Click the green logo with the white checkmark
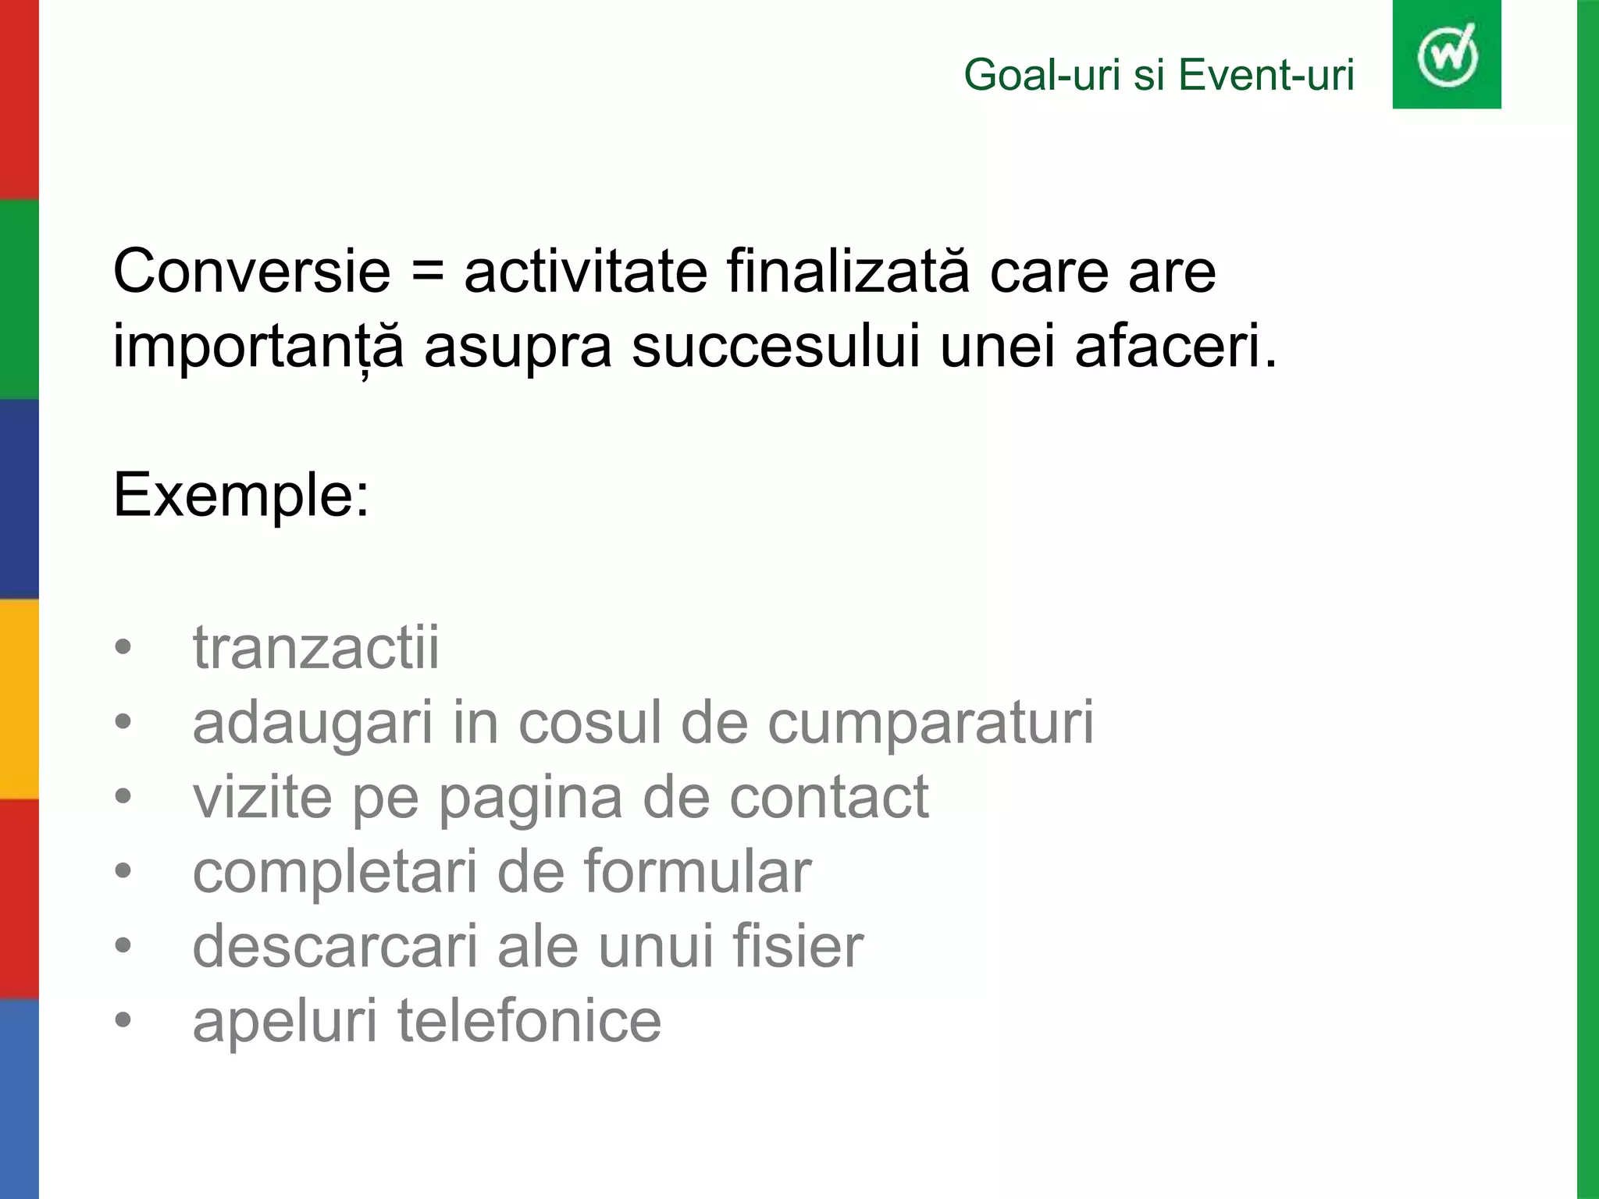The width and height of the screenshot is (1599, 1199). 1446,55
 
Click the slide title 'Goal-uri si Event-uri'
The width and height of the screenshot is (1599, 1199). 1159,76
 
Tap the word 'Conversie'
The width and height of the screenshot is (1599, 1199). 251,272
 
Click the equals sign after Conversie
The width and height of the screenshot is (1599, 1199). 427,272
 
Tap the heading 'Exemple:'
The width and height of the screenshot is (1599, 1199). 241,495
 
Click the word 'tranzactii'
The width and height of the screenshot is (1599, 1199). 316,647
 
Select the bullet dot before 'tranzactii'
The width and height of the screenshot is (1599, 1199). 123,648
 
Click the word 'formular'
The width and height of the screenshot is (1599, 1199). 697,872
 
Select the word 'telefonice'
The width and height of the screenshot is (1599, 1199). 529,1020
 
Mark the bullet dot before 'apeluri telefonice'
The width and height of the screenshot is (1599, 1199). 123,1020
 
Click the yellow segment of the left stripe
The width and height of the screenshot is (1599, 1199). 19,699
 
